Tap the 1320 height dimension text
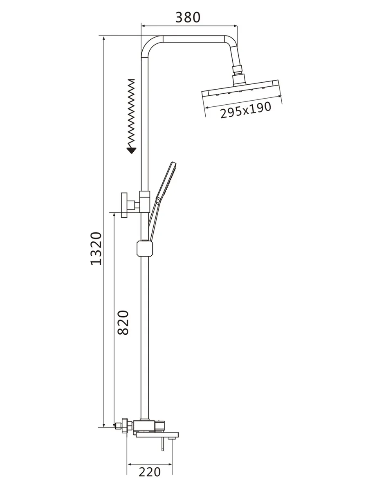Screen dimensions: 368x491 (96, 249)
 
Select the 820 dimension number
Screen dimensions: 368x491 (123, 322)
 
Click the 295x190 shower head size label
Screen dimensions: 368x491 (246, 110)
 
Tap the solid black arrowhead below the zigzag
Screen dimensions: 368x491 (131, 151)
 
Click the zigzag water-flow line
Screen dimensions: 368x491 (131, 113)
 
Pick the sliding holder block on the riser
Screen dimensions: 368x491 (144, 248)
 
